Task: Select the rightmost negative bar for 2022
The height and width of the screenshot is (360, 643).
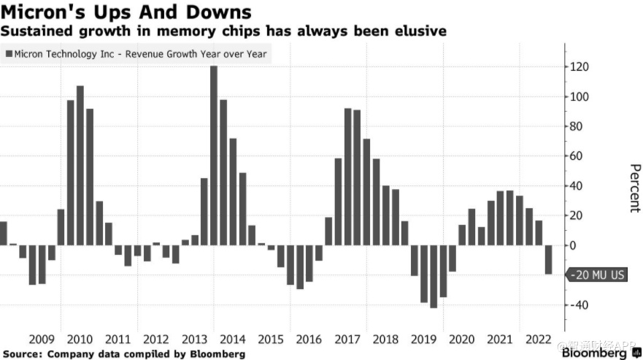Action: (548, 260)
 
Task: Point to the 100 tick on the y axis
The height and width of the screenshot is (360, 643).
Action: (580, 97)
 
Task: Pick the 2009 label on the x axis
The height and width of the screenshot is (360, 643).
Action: (42, 339)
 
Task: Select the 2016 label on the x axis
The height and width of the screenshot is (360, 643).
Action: (309, 339)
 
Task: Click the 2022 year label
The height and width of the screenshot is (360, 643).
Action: (538, 339)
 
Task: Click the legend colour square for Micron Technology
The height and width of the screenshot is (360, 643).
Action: (9, 54)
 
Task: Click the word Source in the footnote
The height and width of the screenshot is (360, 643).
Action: (21, 354)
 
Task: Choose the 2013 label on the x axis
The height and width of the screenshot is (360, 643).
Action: (194, 339)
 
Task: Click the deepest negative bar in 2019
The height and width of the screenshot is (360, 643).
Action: (434, 277)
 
